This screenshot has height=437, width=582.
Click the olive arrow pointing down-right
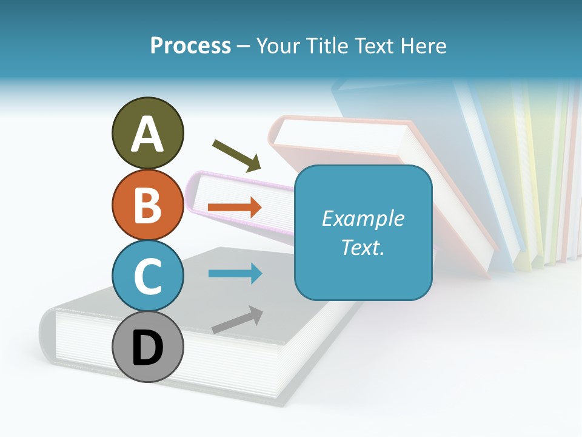pos(236,155)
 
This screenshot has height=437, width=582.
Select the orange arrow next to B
pos(235,208)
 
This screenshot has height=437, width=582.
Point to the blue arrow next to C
pos(235,273)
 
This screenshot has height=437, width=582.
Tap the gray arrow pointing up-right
pos(237,320)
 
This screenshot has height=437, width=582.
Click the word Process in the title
pos(190,46)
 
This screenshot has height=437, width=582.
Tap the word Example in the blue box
pos(363,218)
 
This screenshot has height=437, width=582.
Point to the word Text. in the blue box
pos(363,247)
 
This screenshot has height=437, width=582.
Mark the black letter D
pos(148,348)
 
